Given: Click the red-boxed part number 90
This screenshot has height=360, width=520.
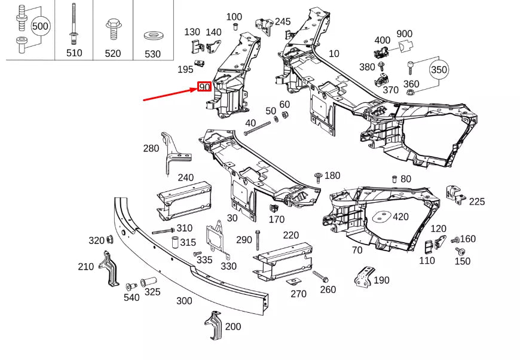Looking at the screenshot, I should [204, 87].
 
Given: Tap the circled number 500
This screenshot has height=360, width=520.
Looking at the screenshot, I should [40, 26].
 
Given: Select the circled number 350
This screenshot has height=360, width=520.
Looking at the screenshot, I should [439, 70].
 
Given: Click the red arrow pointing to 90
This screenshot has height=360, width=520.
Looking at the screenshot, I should [171, 94].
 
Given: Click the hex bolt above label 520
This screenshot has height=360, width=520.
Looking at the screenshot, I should [112, 27].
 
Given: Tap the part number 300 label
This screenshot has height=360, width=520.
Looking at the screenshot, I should [184, 301].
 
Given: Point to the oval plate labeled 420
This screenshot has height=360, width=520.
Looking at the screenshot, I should [381, 216].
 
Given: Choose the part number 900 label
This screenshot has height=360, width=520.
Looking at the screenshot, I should [421, 33].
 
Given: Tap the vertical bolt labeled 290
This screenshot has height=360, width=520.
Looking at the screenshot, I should [258, 240].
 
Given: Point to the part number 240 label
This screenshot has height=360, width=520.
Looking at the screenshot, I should [186, 177].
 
